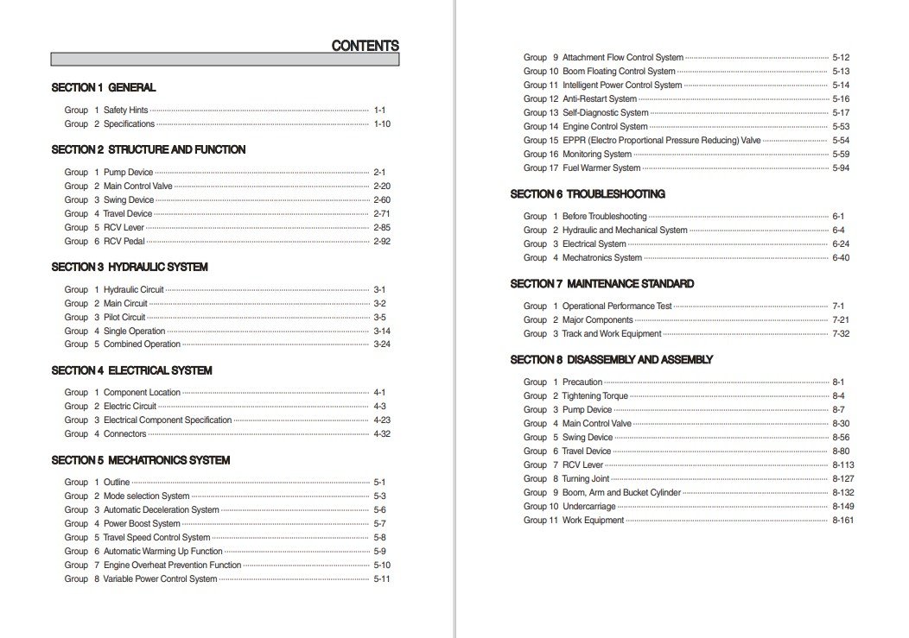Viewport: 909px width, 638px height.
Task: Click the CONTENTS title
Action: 365,46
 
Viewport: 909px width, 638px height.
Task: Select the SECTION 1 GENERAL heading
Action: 104,87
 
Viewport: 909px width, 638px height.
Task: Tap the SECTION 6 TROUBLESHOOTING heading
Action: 588,194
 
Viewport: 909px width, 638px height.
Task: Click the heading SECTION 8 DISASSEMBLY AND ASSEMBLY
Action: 612,359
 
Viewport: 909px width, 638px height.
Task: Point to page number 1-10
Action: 382,124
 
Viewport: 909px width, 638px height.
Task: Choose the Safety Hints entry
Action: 125,111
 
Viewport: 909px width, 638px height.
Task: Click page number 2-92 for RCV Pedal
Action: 382,242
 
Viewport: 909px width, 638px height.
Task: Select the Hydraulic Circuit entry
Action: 133,290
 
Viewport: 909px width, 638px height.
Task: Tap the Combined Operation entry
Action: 142,344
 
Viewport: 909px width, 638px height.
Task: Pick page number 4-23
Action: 382,420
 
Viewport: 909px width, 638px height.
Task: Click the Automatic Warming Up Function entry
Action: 162,552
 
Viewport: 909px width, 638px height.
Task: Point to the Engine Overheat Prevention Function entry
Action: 172,565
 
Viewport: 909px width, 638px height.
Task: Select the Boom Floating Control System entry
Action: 619,72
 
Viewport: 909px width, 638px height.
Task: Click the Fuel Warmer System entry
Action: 601,168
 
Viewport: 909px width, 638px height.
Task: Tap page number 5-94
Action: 841,168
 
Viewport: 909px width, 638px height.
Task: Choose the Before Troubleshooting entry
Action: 604,217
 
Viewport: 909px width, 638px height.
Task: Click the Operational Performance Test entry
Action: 617,306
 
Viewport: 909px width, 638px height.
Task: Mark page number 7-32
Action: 841,334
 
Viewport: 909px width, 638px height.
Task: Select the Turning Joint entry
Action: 586,479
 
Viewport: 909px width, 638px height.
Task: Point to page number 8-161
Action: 843,521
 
